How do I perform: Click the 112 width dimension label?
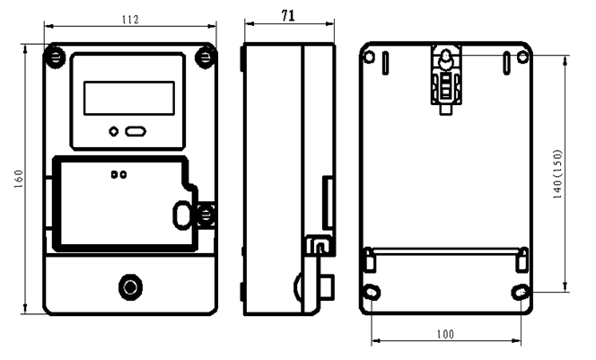[130, 20]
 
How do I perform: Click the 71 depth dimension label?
[288, 15]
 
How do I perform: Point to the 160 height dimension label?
[18, 179]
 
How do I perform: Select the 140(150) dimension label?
[557, 174]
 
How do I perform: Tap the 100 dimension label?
[445, 334]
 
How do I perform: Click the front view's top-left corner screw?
[55, 57]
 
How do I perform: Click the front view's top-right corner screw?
[206, 57]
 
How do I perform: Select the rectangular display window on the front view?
[129, 98]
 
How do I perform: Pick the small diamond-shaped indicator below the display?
[114, 132]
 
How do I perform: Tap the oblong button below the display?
[136, 132]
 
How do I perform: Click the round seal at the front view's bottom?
[130, 287]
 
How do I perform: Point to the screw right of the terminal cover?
[206, 215]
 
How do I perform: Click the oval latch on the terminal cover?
[182, 215]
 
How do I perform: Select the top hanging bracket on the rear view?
[446, 79]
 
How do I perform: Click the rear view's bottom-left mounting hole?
[372, 293]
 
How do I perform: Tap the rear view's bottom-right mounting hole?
[521, 293]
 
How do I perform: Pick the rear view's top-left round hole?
[369, 57]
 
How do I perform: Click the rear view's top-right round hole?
[523, 57]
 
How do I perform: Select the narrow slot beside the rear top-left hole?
[385, 63]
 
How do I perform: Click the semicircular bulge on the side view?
[298, 288]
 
